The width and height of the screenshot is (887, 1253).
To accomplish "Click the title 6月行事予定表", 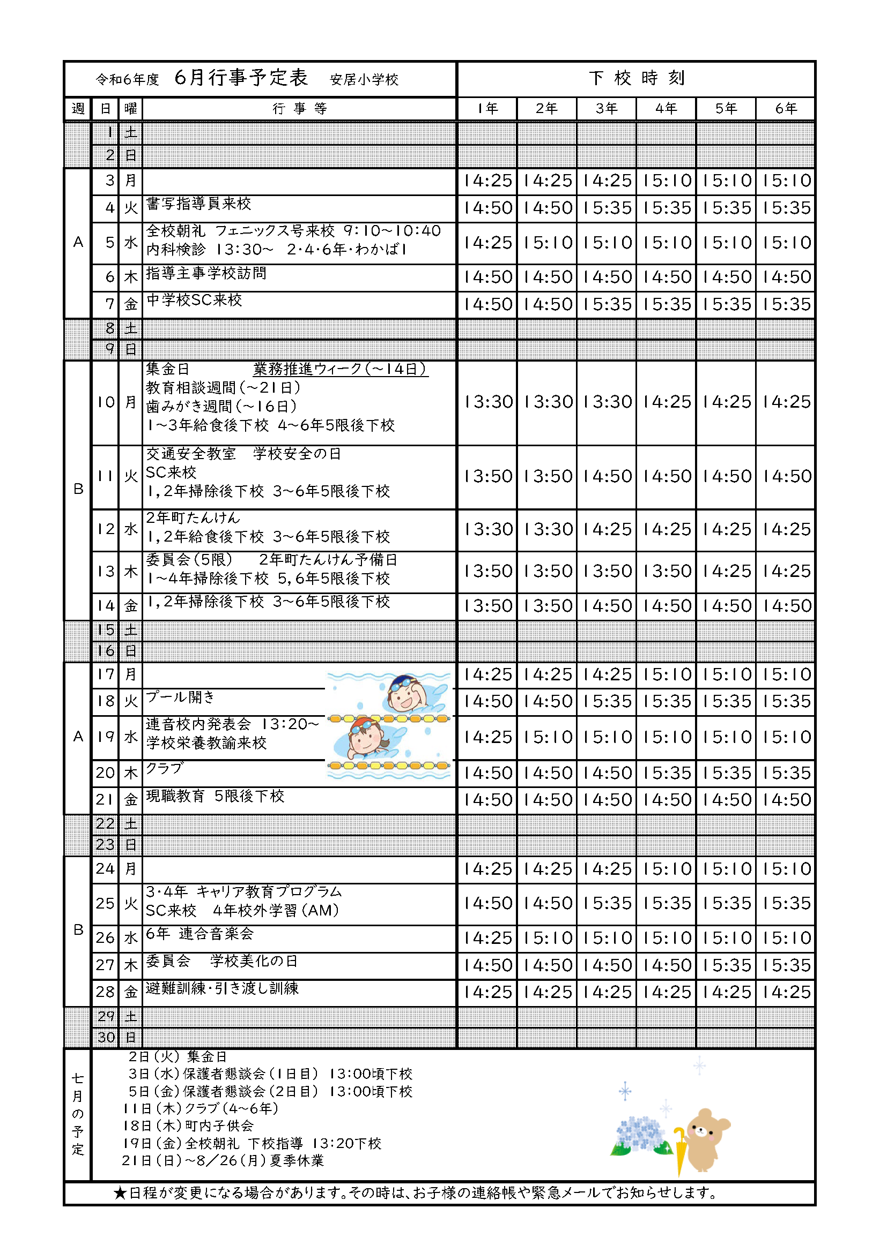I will pos(241,78).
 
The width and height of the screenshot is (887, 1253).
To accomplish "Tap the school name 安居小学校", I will pos(364,80).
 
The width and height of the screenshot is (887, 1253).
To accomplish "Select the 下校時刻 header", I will pos(636,78).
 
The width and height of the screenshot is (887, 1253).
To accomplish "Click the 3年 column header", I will pos(607,109).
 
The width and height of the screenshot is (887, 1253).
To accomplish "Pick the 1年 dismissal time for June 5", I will pos(487,243).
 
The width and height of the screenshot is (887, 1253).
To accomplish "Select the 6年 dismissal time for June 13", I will pos(786,571).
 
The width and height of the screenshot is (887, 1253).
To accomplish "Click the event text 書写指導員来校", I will pos(199,204).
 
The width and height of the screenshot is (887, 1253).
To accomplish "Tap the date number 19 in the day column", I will pos(106,737).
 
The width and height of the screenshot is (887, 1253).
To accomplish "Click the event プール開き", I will pos(181,697).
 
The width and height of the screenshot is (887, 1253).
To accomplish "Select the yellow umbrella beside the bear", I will pos(679,1149).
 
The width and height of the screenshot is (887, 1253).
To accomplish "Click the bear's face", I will pos(704,1131).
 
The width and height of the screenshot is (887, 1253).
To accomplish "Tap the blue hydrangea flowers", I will pos(641,1133).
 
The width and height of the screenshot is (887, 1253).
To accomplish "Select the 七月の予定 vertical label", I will pos(78,1114).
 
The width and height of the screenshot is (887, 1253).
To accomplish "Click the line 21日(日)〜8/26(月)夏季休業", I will pos(223,1161).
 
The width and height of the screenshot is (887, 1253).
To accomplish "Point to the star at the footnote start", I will pos(120,1193).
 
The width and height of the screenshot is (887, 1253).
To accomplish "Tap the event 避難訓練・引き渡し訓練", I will pos(223,988).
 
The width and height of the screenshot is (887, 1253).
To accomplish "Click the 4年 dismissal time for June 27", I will pos(667,965).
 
